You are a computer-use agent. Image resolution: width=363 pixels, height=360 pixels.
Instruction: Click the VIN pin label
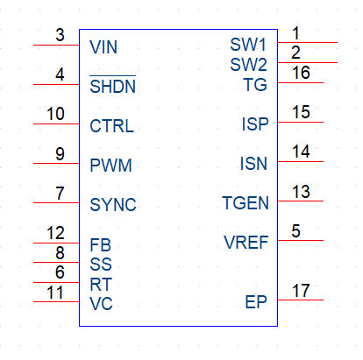pyautogui.click(x=103, y=47)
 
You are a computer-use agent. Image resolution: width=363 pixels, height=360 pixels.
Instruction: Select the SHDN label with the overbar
pyautogui.click(x=113, y=85)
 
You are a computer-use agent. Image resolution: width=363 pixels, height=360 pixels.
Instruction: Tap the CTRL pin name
pyautogui.click(x=111, y=126)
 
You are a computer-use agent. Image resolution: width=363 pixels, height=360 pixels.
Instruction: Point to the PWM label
pyautogui.click(x=110, y=166)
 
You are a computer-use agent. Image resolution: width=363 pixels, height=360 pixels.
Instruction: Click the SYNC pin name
pyautogui.click(x=113, y=205)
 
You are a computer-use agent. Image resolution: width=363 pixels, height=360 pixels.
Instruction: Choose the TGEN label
pyautogui.click(x=246, y=203)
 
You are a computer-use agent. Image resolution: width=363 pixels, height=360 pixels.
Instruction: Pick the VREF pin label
pyautogui.click(x=246, y=243)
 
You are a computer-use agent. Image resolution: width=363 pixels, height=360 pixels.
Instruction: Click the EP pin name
pyautogui.click(x=256, y=302)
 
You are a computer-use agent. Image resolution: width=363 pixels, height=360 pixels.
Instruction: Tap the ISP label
pyautogui.click(x=255, y=124)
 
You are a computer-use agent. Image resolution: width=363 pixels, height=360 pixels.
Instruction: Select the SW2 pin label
pyautogui.click(x=248, y=65)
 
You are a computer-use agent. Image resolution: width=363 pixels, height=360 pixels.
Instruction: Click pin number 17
pyautogui.click(x=301, y=291)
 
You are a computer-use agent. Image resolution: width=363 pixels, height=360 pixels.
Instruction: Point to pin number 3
pyautogui.click(x=60, y=35)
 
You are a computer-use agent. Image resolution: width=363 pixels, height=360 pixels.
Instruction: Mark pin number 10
pyautogui.click(x=55, y=114)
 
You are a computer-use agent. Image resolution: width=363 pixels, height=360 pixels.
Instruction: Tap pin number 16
pyautogui.click(x=301, y=73)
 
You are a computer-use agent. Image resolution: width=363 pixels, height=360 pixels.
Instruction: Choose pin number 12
pyautogui.click(x=55, y=233)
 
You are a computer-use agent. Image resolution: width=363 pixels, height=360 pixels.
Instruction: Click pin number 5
pyautogui.click(x=295, y=231)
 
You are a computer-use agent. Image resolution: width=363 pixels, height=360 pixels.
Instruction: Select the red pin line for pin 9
pyautogui.click(x=56, y=163)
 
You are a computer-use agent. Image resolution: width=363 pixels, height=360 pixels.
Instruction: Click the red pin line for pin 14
pyautogui.click(x=301, y=161)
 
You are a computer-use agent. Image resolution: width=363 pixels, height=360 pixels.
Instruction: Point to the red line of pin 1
pyautogui.click(x=308, y=43)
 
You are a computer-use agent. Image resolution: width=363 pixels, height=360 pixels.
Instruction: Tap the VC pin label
pyautogui.click(x=101, y=304)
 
